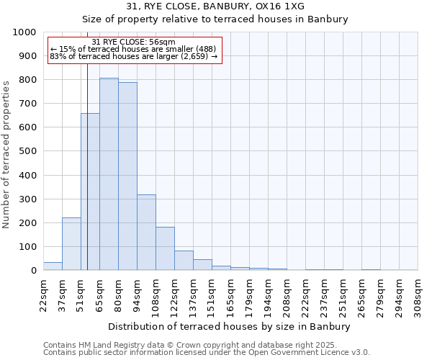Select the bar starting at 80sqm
(x=127, y=176)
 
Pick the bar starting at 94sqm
(x=146, y=233)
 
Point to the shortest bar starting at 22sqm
(x=53, y=266)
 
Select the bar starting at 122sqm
(x=184, y=261)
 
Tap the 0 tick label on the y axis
(x=33, y=271)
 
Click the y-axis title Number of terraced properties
(x=7, y=154)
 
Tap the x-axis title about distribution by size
(x=230, y=327)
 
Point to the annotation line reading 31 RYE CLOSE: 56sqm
(x=134, y=42)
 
